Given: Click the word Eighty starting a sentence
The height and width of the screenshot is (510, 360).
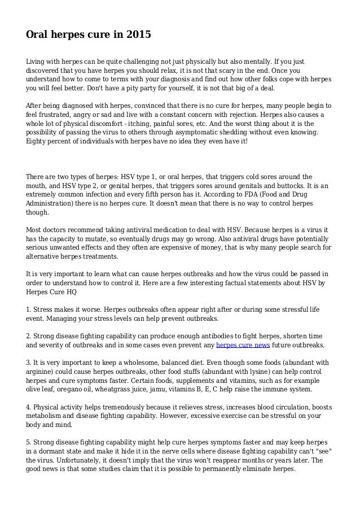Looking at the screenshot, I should click(37, 142).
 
